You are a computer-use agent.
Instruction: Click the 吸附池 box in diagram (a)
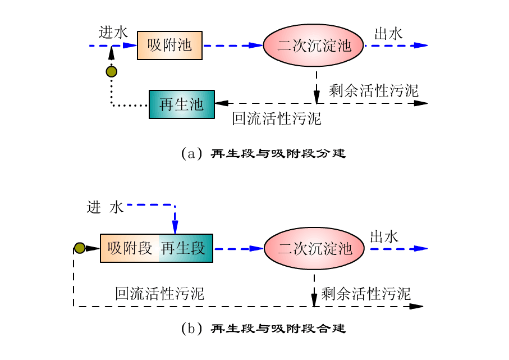click(x=169, y=45)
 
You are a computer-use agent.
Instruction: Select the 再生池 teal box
click(x=181, y=104)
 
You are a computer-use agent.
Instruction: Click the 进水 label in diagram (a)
click(x=113, y=33)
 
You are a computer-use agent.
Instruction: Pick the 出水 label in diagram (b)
click(x=384, y=236)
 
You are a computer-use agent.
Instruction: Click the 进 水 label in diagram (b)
click(x=104, y=207)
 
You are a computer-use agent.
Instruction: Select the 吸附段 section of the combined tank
click(x=130, y=248)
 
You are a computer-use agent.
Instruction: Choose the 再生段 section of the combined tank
click(x=185, y=248)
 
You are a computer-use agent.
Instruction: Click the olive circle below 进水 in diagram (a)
click(x=112, y=71)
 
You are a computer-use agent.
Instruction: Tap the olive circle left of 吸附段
click(x=80, y=248)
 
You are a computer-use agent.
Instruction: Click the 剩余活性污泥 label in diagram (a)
click(x=373, y=90)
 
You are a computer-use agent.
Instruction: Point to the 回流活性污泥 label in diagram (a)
click(x=276, y=118)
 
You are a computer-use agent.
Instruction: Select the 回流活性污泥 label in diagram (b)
click(x=159, y=293)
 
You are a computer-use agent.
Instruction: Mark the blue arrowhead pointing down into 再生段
click(x=175, y=227)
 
